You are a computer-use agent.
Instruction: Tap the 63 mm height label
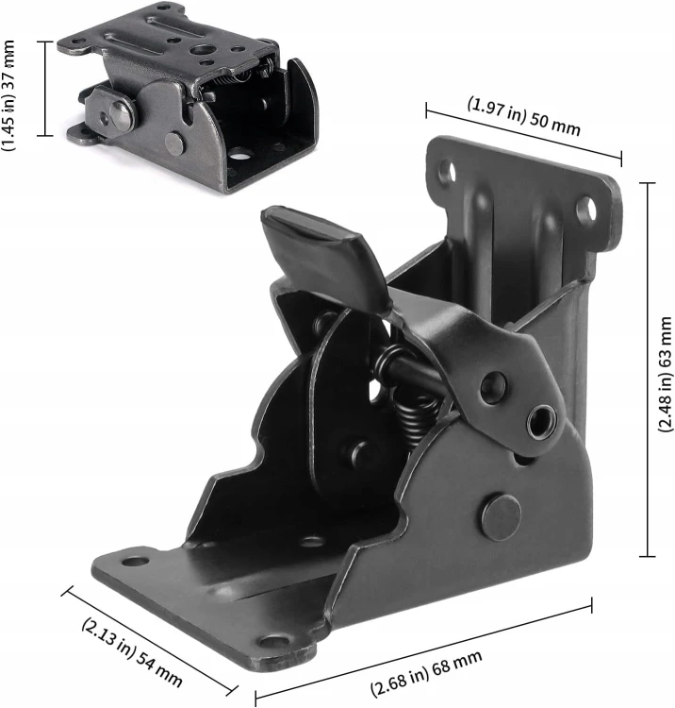pyautogui.click(x=666, y=375)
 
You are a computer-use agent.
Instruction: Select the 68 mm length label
pyautogui.click(x=426, y=674)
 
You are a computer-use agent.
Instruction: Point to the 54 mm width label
pyautogui.click(x=132, y=652)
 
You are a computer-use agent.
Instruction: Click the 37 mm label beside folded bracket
pyautogui.click(x=8, y=95)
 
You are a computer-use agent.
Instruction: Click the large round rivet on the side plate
pyautogui.click(x=501, y=517)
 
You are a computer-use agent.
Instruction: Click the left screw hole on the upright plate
pyautogui.click(x=447, y=171)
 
